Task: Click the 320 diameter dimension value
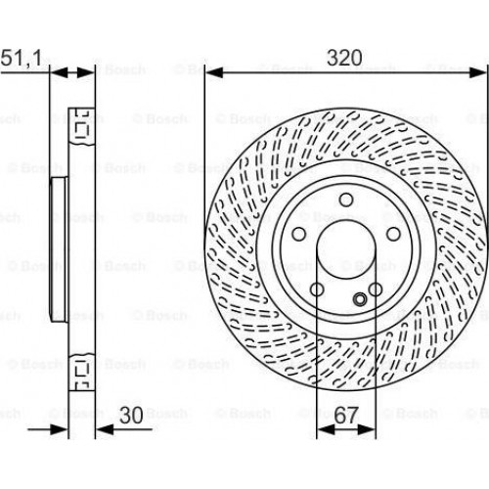344,58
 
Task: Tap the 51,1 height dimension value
22,58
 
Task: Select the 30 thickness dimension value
131,416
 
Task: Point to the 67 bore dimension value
346,416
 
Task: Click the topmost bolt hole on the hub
346,200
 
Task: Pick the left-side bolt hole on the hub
299,234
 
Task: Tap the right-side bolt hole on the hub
393,234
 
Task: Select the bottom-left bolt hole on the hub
317,289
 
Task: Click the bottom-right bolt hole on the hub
376,289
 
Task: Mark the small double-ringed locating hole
360,299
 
